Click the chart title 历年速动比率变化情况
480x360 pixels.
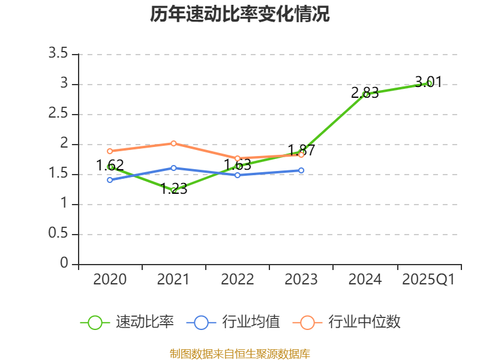point(240,14)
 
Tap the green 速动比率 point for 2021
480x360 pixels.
point(174,190)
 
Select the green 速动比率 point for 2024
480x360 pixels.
point(365,94)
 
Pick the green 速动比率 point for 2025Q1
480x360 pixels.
point(429,83)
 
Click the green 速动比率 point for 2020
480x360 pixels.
point(110,167)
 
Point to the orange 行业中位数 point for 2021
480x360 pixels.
point(174,143)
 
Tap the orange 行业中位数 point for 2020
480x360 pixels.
point(110,151)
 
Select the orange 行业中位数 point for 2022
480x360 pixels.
point(238,158)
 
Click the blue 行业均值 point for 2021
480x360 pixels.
point(174,168)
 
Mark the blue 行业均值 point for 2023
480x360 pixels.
point(301,170)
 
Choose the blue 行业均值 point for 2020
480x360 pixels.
point(110,180)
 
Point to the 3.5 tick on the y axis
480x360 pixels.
point(59,54)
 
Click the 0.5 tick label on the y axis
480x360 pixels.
point(59,234)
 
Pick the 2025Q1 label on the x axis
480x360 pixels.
point(428,280)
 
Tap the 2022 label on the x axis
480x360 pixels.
point(238,280)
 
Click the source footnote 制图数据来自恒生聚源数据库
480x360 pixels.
point(240,353)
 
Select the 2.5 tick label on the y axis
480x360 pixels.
point(59,114)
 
